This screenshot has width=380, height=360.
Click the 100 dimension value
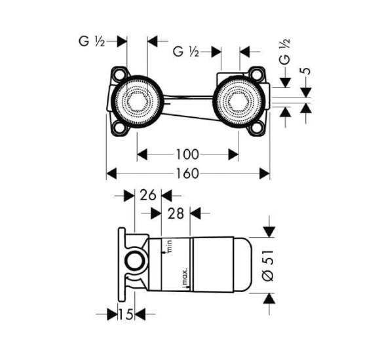pyautogui.click(x=187, y=154)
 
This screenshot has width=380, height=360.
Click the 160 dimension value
pyautogui.click(x=187, y=173)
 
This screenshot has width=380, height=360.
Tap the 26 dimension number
pyautogui.click(x=148, y=195)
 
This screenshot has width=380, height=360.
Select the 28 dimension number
pyautogui.click(x=176, y=213)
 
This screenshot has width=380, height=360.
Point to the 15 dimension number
pyautogui.click(x=126, y=315)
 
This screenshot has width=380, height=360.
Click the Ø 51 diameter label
pyautogui.click(x=268, y=266)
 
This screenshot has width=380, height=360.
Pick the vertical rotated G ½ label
pyautogui.click(x=285, y=51)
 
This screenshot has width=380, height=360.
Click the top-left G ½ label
pyautogui.click(x=92, y=41)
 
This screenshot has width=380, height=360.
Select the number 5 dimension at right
pyautogui.click(x=307, y=71)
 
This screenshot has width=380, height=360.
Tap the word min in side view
pyautogui.click(x=169, y=245)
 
